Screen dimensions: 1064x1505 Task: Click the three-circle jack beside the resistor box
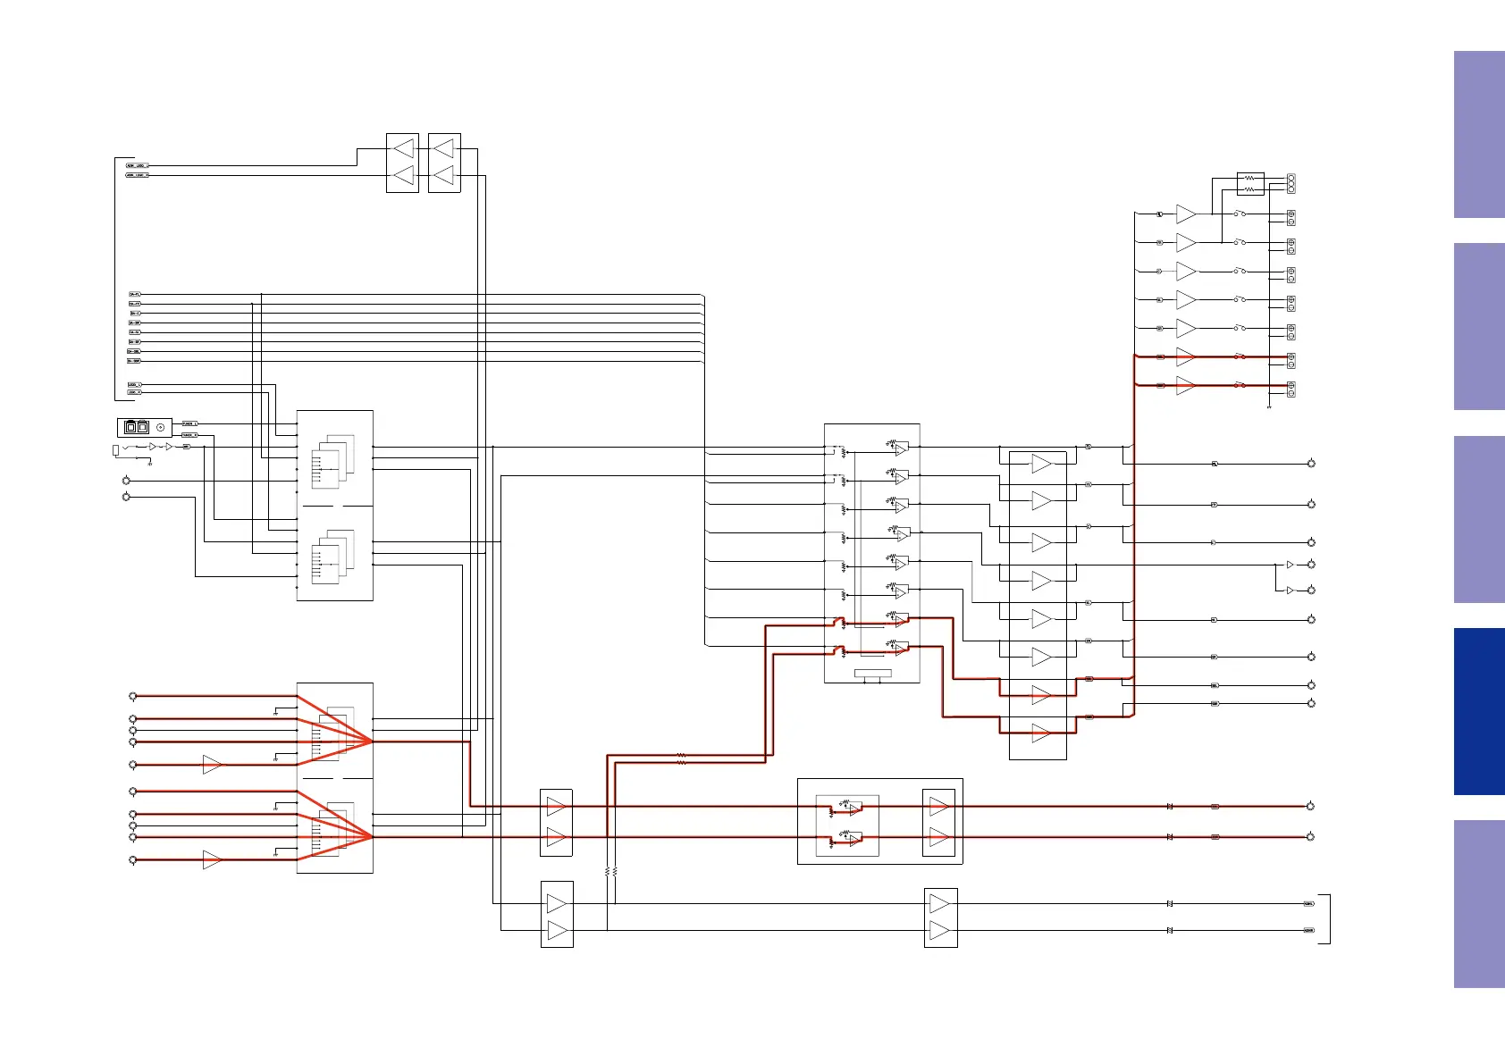(1291, 183)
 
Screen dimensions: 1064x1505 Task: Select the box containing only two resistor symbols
(1250, 184)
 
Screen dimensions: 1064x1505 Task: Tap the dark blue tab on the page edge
(1478, 711)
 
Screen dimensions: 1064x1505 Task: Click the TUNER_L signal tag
(189, 423)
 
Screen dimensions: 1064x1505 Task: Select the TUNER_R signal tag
(189, 435)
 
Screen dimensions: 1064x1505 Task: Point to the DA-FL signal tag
(135, 294)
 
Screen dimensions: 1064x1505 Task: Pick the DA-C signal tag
(135, 314)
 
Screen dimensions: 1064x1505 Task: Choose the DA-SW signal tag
(135, 323)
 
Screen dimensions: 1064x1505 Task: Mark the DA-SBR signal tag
(134, 361)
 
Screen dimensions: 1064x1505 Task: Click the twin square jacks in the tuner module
(137, 427)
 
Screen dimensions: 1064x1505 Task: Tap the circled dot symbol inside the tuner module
(161, 428)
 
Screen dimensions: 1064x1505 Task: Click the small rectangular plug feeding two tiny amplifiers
(115, 449)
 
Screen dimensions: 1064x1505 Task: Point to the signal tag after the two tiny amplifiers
(186, 446)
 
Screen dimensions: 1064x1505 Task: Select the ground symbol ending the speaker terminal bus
(1269, 407)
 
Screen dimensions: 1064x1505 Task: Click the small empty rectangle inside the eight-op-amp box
(872, 673)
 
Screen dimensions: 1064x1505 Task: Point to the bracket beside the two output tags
(1328, 918)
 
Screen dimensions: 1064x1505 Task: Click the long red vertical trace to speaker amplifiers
(1134, 536)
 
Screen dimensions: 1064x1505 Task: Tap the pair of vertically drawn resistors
(611, 871)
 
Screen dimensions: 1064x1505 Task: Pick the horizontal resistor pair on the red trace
(681, 759)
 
